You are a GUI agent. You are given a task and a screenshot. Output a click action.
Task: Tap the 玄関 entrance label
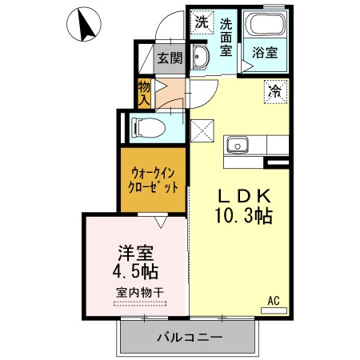click(x=169, y=58)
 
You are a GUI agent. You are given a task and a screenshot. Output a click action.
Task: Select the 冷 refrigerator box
click(x=275, y=90)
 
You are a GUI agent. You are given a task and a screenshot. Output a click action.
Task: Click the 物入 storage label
click(x=144, y=93)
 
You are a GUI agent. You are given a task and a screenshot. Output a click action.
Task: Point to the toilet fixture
click(x=147, y=126)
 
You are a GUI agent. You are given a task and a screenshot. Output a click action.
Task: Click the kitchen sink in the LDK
click(x=237, y=146)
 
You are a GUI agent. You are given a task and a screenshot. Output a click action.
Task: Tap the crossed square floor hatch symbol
click(x=203, y=130)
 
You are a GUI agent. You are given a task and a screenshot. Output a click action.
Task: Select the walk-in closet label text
click(x=152, y=181)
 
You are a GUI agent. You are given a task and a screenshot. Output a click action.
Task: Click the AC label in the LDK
click(x=273, y=301)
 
